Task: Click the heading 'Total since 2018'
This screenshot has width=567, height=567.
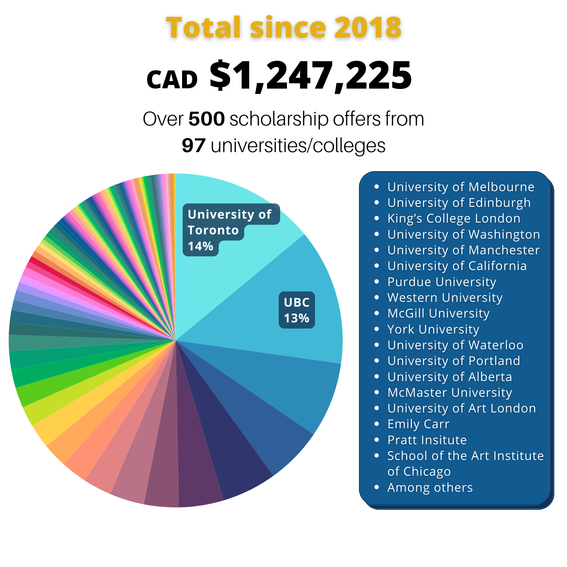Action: tap(283, 28)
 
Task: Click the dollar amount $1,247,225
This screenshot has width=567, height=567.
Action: tap(310, 76)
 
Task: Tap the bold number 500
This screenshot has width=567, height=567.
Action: tap(207, 119)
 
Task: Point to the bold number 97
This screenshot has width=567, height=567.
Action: tap(194, 145)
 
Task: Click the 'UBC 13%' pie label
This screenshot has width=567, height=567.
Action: tap(297, 310)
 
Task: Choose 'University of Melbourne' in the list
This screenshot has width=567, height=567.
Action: tap(461, 187)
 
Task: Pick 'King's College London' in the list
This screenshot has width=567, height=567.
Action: tap(454, 218)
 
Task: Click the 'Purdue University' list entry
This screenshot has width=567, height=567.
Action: tap(442, 282)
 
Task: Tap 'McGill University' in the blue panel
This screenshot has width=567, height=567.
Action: tap(438, 313)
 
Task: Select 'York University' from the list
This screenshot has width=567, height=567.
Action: tap(433, 329)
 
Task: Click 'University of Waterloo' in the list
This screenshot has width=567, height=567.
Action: tap(455, 345)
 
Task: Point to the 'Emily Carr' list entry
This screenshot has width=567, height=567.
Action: tap(418, 424)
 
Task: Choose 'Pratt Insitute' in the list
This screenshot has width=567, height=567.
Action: tap(427, 440)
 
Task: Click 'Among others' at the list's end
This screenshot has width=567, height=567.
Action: tap(430, 487)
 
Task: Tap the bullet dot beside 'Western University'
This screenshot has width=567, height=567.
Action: tap(376, 298)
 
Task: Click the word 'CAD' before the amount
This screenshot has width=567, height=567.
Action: tap(172, 80)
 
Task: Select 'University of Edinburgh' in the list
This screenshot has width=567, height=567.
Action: tap(459, 203)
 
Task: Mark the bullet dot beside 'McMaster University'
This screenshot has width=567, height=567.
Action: tap(376, 393)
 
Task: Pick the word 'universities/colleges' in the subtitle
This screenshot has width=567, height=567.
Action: tap(298, 145)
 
